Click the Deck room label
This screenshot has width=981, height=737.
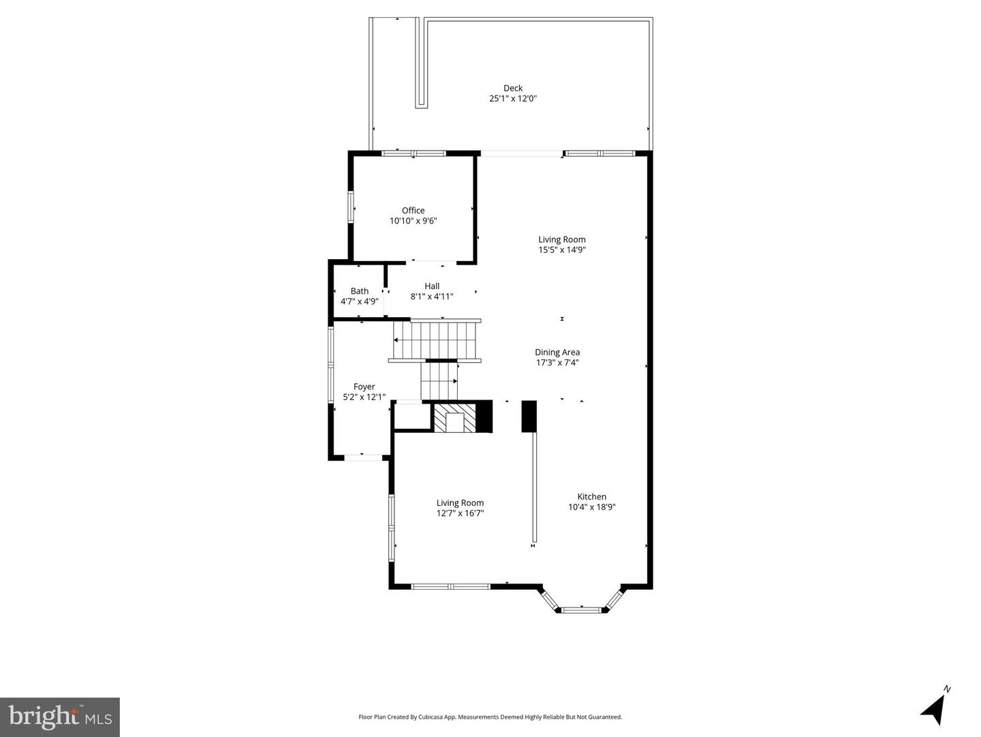[x=513, y=88]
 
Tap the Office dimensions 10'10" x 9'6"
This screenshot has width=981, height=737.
[x=413, y=221]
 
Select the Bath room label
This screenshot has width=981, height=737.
[x=360, y=291]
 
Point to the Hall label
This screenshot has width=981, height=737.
[x=432, y=286]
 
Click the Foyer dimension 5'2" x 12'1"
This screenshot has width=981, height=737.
[x=364, y=397]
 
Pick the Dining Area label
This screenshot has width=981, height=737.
[x=557, y=352]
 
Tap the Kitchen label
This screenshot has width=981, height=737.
[x=591, y=497]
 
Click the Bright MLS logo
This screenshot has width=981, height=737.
[x=60, y=717]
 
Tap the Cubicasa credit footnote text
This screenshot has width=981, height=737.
[x=490, y=717]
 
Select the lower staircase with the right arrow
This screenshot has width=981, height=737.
[x=439, y=380]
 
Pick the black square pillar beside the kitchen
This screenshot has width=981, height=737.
[x=529, y=416]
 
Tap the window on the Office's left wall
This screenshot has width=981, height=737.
[x=352, y=207]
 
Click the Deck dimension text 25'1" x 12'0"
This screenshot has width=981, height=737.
[x=513, y=99]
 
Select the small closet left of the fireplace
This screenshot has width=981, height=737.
[x=412, y=417]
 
